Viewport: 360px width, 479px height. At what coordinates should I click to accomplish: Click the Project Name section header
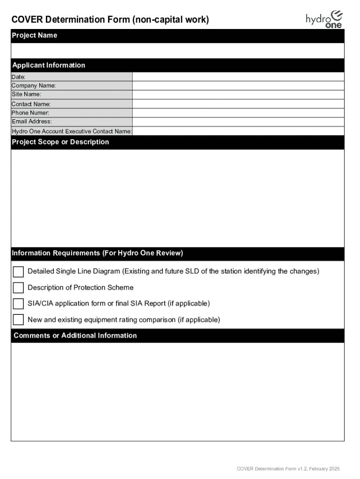point(34,36)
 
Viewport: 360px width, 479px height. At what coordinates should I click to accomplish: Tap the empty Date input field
point(238,77)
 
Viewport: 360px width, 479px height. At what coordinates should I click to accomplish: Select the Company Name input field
point(238,86)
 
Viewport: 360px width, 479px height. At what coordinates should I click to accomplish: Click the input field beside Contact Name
point(238,104)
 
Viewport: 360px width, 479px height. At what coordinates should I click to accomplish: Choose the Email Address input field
point(238,122)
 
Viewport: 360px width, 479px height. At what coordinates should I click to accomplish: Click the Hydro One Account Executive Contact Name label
point(72,131)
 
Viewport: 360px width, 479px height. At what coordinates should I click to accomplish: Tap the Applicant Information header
point(49,65)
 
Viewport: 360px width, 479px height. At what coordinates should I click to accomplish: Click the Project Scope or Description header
point(60,142)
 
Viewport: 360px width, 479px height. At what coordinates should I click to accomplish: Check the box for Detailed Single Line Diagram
point(18,272)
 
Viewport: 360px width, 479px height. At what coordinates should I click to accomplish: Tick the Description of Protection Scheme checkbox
point(18,288)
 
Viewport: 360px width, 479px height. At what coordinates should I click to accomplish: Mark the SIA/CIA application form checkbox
point(18,304)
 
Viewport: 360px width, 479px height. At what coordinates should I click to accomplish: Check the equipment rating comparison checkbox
point(18,320)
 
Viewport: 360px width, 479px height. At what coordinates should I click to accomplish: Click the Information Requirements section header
point(97,254)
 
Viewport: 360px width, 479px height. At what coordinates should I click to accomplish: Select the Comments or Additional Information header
point(75,336)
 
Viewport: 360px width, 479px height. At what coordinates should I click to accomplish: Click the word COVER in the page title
point(27,20)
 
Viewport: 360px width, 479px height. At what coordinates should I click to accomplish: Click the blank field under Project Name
point(178,50)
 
